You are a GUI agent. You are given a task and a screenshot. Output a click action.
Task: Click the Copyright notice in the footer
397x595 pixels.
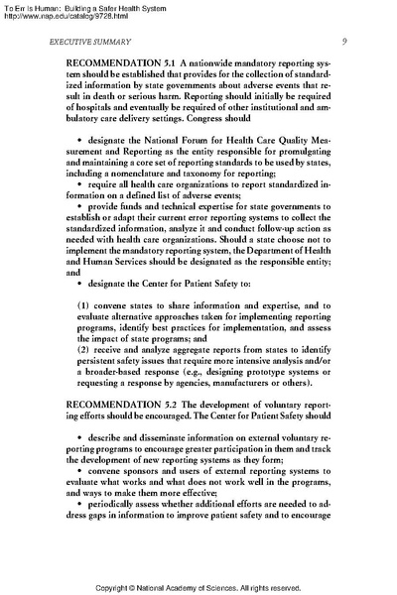[198, 588]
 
